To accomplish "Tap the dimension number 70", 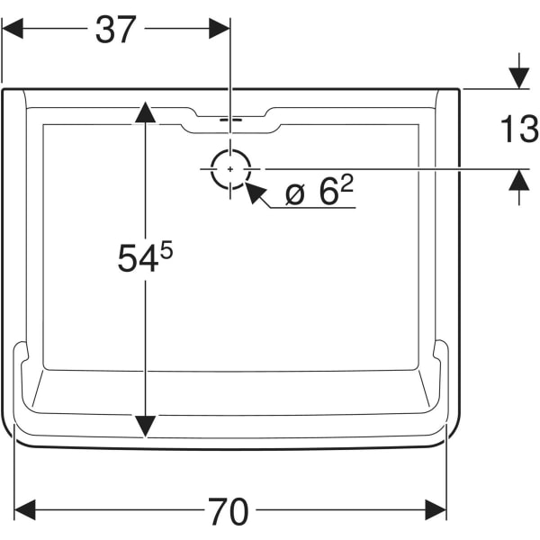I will pyautogui.click(x=229, y=512).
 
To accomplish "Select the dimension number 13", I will pyautogui.click(x=518, y=130).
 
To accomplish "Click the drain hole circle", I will pyautogui.click(x=230, y=168).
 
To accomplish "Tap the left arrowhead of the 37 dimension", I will pyautogui.click(x=13, y=29).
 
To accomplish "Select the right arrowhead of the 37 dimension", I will pyautogui.click(x=219, y=29).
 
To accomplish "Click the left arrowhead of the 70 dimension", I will pyautogui.click(x=25, y=511).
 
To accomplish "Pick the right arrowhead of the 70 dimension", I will pyautogui.click(x=436, y=511).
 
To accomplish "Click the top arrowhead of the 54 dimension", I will pyautogui.click(x=145, y=112).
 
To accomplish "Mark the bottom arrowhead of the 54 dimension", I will pyautogui.click(x=145, y=426).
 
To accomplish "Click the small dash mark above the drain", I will pyautogui.click(x=230, y=119).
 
